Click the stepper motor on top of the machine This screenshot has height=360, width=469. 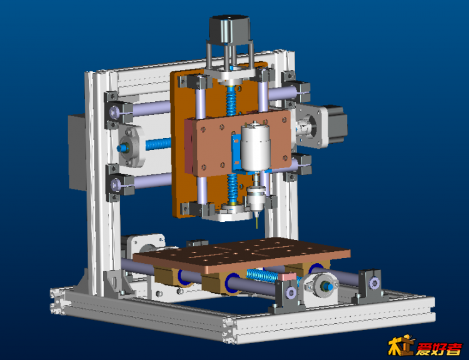point(229,30)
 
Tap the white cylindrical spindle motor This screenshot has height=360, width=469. point(255,147)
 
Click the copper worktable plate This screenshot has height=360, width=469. point(241,255)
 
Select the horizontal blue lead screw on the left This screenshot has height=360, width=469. point(159,145)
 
